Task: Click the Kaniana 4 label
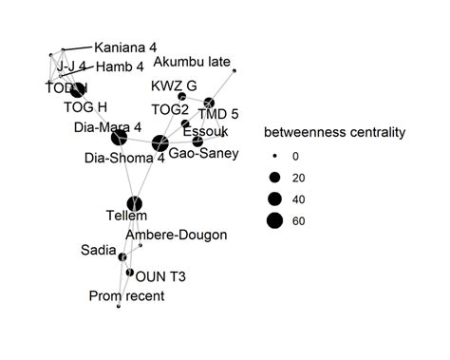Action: click(124, 47)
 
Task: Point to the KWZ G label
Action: click(174, 86)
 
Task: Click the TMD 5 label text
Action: click(217, 115)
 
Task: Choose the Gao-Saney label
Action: click(202, 153)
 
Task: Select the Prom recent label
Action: click(126, 296)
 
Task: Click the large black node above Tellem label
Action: click(134, 203)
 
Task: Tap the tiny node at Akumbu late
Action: click(234, 71)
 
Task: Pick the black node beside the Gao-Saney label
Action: click(197, 141)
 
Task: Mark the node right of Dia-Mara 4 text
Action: click(119, 139)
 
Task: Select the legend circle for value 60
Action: click(274, 221)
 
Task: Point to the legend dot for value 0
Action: click(274, 155)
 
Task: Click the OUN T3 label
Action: click(155, 277)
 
